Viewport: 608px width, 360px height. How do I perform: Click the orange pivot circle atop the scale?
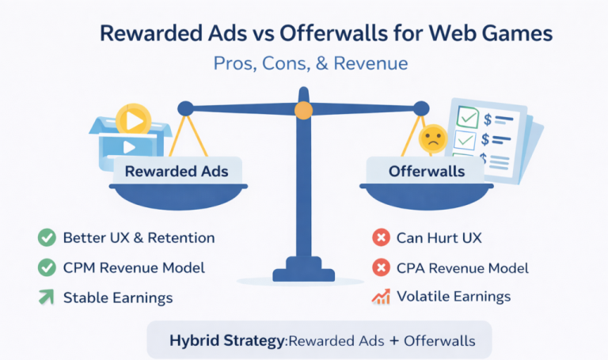coord(304,110)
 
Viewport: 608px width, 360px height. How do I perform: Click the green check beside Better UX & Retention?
coord(47,237)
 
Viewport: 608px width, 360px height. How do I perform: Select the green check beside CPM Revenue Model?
coord(47,267)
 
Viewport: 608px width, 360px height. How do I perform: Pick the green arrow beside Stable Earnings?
coord(47,297)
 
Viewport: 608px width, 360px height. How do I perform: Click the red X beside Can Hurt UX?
coord(381,237)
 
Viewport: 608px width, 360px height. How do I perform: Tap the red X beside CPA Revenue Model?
coord(381,267)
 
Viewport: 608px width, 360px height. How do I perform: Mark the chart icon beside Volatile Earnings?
coord(381,297)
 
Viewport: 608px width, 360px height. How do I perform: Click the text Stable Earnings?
coord(118,297)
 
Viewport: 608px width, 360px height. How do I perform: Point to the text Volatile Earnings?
coord(454,297)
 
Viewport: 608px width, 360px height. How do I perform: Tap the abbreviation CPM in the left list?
coord(81,267)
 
